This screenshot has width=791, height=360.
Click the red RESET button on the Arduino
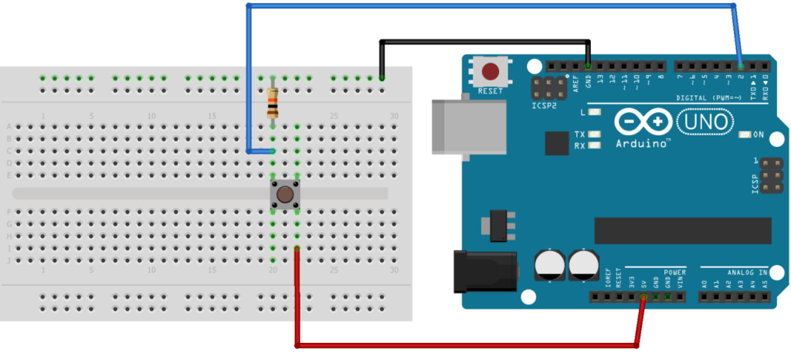click(491, 73)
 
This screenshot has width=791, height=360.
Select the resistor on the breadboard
click(272, 104)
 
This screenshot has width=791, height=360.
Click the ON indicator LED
click(744, 134)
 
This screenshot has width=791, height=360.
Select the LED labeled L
click(593, 113)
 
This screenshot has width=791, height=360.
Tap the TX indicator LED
click(593, 134)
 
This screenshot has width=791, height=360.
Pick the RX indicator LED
click(593, 145)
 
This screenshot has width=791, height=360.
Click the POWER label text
click(674, 272)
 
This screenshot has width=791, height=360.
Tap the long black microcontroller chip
click(682, 229)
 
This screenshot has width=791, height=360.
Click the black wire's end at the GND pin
click(588, 66)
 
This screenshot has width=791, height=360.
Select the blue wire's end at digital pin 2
click(741, 66)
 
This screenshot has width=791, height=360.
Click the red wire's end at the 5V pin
click(643, 297)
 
